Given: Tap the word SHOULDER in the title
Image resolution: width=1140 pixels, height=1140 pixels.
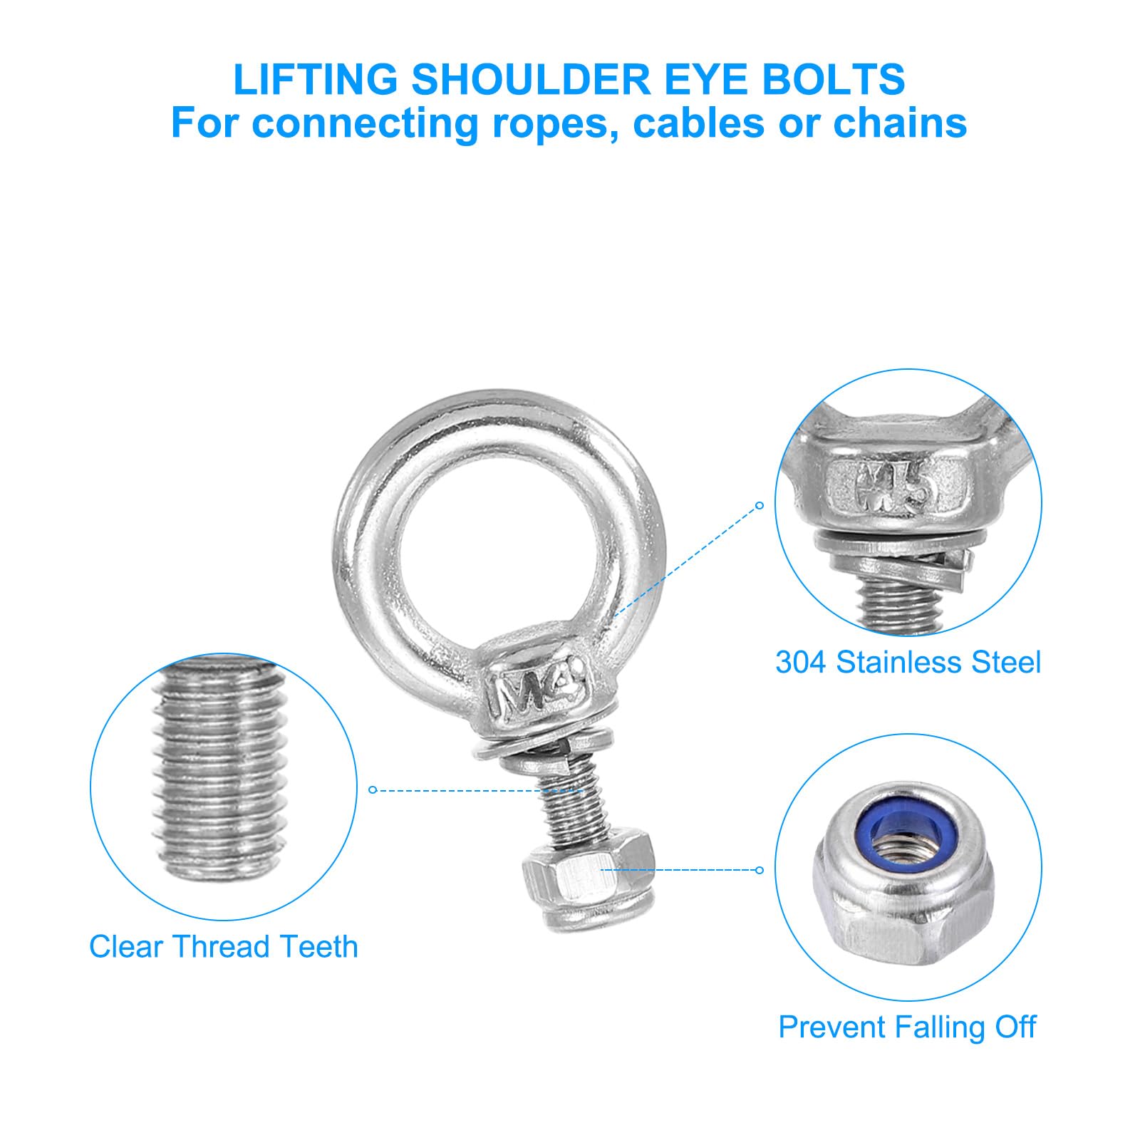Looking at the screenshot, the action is pyautogui.click(x=532, y=79).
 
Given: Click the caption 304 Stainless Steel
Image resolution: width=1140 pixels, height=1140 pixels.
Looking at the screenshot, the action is pyautogui.click(x=908, y=663).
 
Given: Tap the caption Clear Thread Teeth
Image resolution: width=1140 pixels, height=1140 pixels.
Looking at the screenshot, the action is pyautogui.click(x=224, y=947).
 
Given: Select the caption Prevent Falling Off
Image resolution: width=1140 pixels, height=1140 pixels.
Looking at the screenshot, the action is pyautogui.click(x=908, y=1027).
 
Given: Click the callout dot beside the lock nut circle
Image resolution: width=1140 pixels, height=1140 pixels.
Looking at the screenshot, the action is pyautogui.click(x=760, y=870).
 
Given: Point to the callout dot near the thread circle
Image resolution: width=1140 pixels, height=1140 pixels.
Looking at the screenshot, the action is pyautogui.click(x=373, y=789).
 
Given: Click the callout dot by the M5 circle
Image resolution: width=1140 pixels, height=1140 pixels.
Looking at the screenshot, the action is pyautogui.click(x=760, y=505).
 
